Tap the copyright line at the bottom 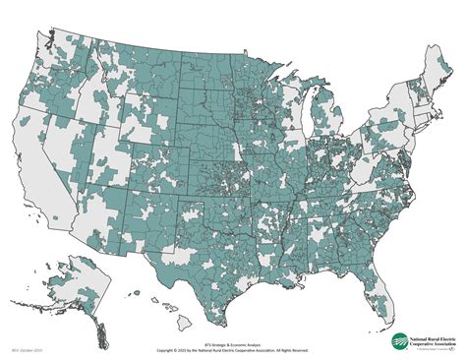point(232,349)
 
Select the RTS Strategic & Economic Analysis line point(232,344)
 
